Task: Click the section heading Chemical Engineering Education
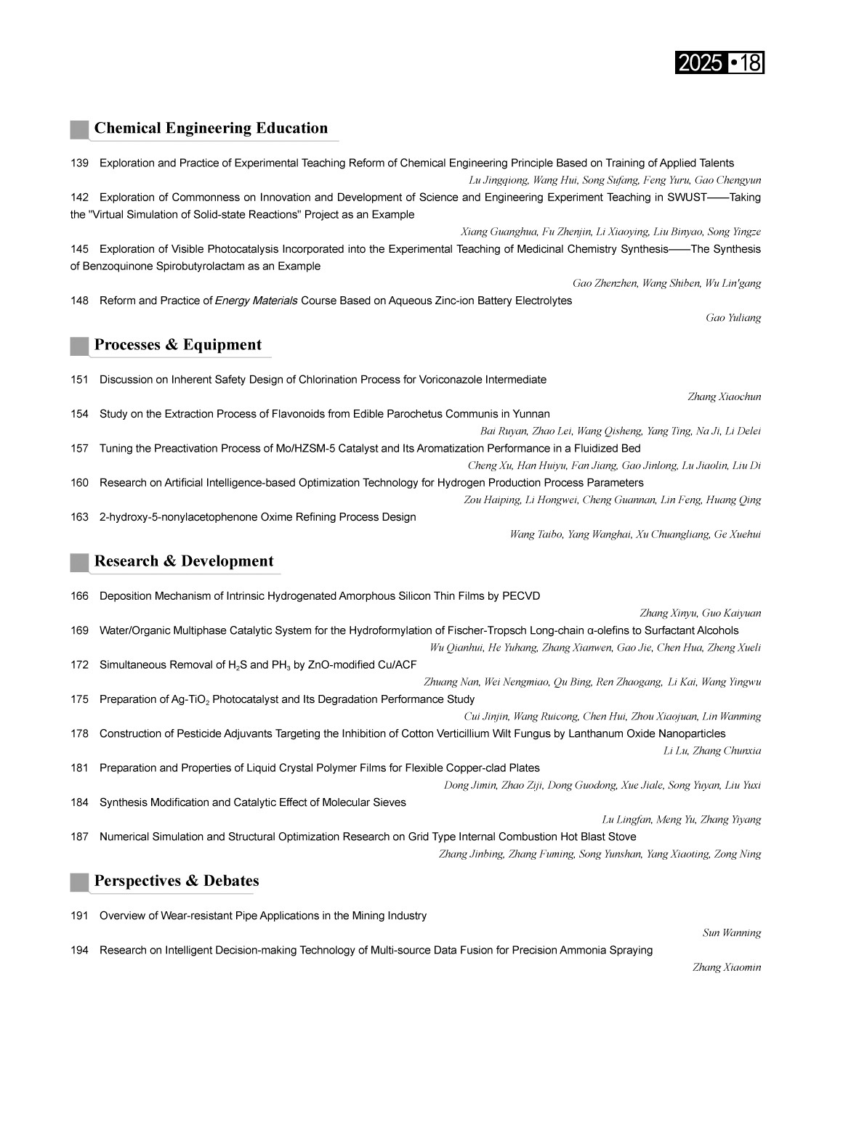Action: pos(211,129)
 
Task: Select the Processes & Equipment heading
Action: pos(178,345)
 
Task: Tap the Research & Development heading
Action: pos(184,561)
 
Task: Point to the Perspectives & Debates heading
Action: pos(177,881)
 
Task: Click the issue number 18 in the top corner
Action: pos(751,63)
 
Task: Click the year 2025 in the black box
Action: pos(699,63)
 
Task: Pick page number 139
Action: pos(79,163)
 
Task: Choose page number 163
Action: pos(79,517)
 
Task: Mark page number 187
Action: pos(79,837)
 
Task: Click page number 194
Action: pos(79,950)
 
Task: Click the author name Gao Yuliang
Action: pos(733,318)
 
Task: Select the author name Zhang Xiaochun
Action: pos(724,396)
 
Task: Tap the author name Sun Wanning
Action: pos(732,933)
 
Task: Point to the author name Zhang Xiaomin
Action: pos(727,967)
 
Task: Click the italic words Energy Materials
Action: pos(256,301)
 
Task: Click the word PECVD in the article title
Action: pos(521,596)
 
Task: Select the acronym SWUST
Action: pos(687,198)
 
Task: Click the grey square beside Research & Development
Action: pos(79,563)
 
